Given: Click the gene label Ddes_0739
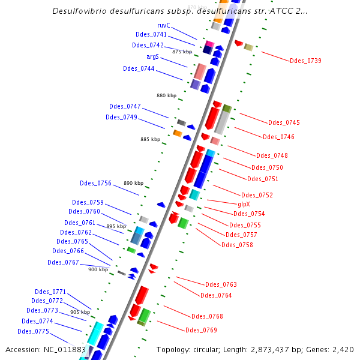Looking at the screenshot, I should [x=305, y=61].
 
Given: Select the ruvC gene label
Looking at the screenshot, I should [x=164, y=25].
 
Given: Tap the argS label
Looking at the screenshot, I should [x=153, y=56].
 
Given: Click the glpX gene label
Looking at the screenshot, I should [x=244, y=204].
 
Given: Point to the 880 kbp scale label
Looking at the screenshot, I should [x=167, y=95].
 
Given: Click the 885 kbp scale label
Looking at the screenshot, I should [x=151, y=139].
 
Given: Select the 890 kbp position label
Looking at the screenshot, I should [x=134, y=183].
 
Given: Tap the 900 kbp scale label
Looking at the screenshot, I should [x=98, y=269].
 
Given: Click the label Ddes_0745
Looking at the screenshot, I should [x=284, y=122].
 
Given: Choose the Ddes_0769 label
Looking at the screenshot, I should [x=201, y=330].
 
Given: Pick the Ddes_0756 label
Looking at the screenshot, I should [x=95, y=183].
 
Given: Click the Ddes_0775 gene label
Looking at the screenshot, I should [x=33, y=331].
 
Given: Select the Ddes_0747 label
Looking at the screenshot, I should [x=125, y=106].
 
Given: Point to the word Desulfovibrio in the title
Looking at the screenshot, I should [x=80, y=11].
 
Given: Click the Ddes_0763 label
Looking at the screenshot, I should [x=221, y=284].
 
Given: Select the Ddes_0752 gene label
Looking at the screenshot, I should [x=257, y=195].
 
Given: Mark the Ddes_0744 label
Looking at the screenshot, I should [x=139, y=68].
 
